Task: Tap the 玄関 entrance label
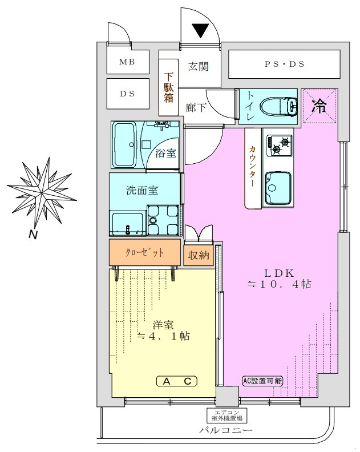click(199, 67)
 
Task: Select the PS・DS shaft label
click(285, 64)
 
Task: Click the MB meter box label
click(127, 62)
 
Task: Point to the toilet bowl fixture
click(280, 106)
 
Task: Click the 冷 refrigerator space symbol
click(319, 106)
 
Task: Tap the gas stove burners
click(279, 146)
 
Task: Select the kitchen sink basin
click(278, 188)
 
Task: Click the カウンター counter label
click(253, 166)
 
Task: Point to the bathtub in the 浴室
click(124, 144)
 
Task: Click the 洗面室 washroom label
click(142, 191)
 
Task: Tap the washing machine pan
click(163, 219)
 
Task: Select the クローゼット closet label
click(144, 253)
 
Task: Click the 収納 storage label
click(199, 255)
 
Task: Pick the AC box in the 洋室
click(177, 381)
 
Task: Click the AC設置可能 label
click(262, 381)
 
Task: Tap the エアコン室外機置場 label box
click(227, 415)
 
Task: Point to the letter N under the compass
click(33, 235)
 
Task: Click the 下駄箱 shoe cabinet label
click(169, 87)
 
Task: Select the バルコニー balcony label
click(225, 431)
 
